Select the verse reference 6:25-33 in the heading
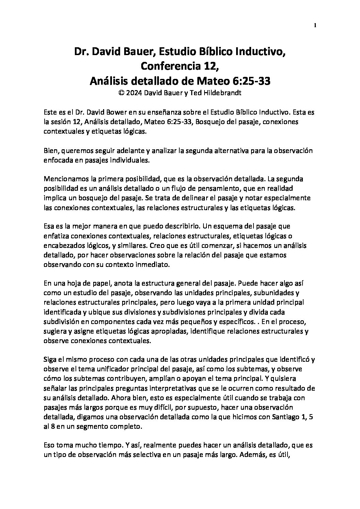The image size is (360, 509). pos(252,81)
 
